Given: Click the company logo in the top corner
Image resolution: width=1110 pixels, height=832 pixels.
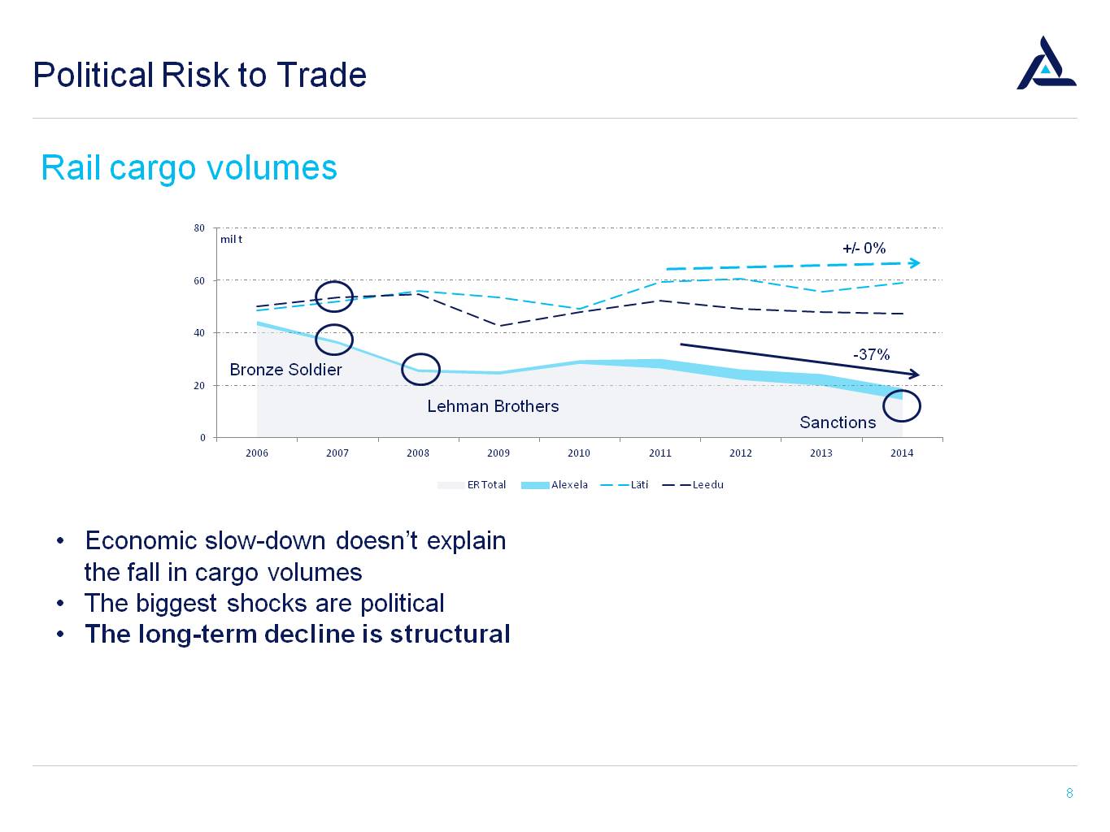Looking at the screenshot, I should point(1046,63).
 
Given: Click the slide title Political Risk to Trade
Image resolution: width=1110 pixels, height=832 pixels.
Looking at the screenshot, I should point(199,75).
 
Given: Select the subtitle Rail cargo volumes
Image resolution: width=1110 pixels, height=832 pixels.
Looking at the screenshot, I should point(189,168).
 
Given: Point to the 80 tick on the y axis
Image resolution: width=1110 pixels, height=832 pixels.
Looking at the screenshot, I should point(199,228).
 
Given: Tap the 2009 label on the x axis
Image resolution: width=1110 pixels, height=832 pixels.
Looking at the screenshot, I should point(498,453).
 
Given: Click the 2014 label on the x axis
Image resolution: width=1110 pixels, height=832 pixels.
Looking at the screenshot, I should point(901,453).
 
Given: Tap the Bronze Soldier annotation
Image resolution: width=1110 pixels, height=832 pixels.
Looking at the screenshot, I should point(285,370).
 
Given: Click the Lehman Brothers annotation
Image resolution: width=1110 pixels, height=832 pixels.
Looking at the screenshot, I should point(493,406).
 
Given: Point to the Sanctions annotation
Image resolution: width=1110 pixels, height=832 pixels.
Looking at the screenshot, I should point(838,422).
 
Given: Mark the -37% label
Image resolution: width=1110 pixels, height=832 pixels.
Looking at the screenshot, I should point(871,354).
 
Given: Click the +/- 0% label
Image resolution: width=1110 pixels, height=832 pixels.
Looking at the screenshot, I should point(864,249).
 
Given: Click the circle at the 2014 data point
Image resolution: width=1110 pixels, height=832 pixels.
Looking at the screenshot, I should point(901,405).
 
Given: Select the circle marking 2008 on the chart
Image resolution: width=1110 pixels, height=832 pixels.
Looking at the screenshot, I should point(420,370).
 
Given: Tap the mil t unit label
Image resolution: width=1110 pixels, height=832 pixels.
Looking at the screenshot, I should point(231,240).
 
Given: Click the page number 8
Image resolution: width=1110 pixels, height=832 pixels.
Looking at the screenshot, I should point(1069,793).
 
